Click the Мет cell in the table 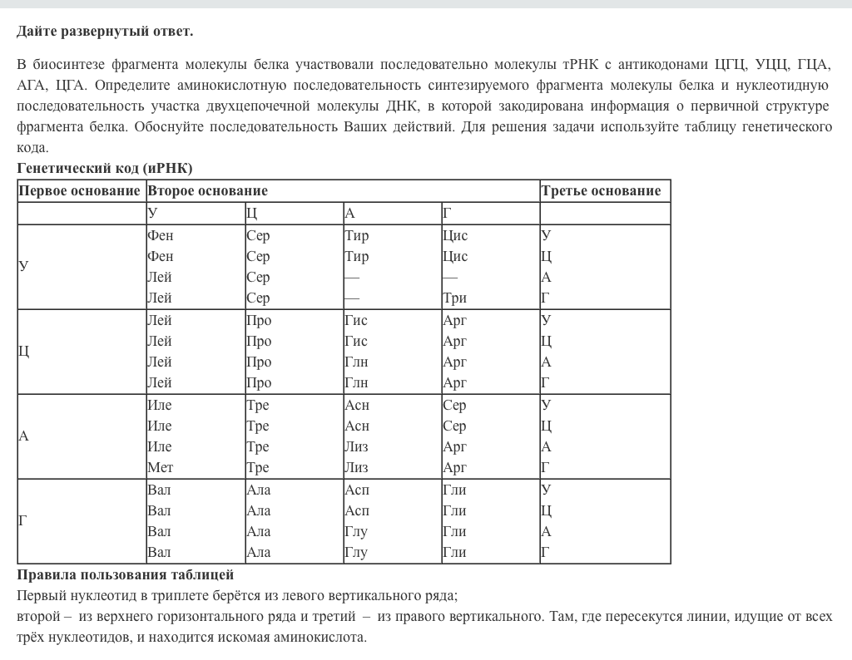click(x=160, y=468)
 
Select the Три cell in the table click(x=454, y=298)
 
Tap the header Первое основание click(x=80, y=190)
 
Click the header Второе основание click(x=207, y=190)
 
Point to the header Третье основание click(x=601, y=190)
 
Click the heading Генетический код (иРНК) click(x=105, y=168)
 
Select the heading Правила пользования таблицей click(x=126, y=574)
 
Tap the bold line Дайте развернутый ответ click(x=105, y=32)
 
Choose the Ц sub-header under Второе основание click(x=251, y=214)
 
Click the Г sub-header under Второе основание click(x=447, y=214)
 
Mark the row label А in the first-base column click(x=23, y=436)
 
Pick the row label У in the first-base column click(x=23, y=266)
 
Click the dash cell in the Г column click(x=450, y=277)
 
